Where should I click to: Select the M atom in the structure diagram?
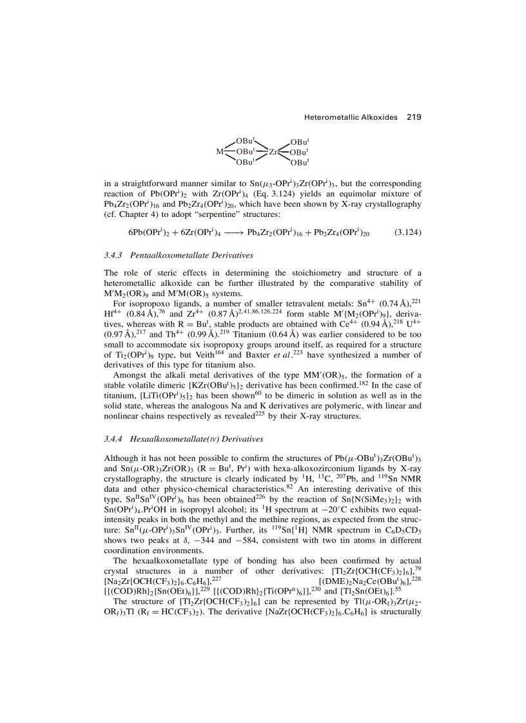click(219, 151)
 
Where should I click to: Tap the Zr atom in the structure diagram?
click(273, 151)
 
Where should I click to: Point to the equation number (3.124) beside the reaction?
click(407, 231)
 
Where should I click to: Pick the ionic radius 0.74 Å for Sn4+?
click(390, 304)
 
